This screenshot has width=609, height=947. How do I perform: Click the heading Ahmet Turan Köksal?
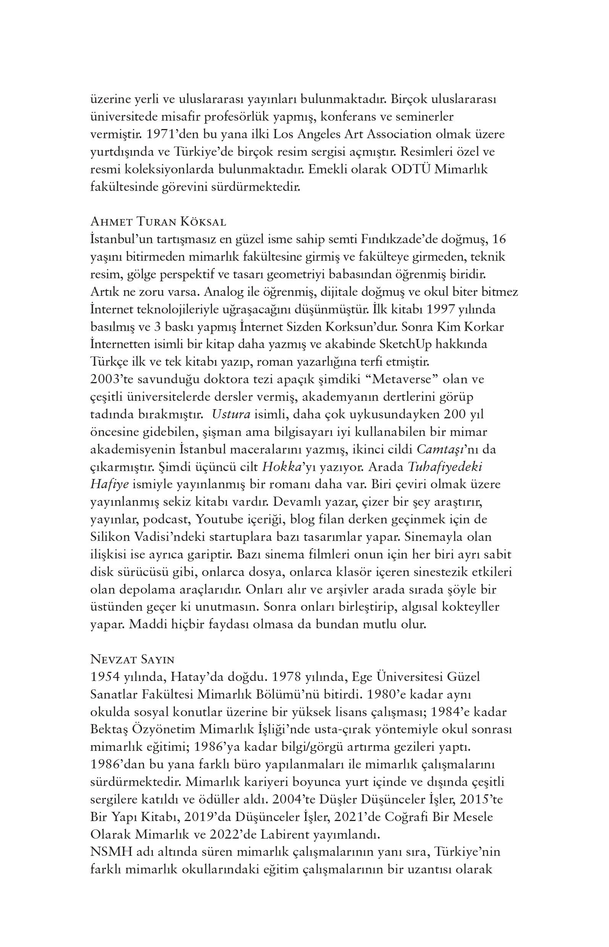[158, 222]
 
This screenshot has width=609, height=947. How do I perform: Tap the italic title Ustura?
[231, 414]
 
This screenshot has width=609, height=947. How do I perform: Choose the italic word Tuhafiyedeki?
[444, 467]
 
